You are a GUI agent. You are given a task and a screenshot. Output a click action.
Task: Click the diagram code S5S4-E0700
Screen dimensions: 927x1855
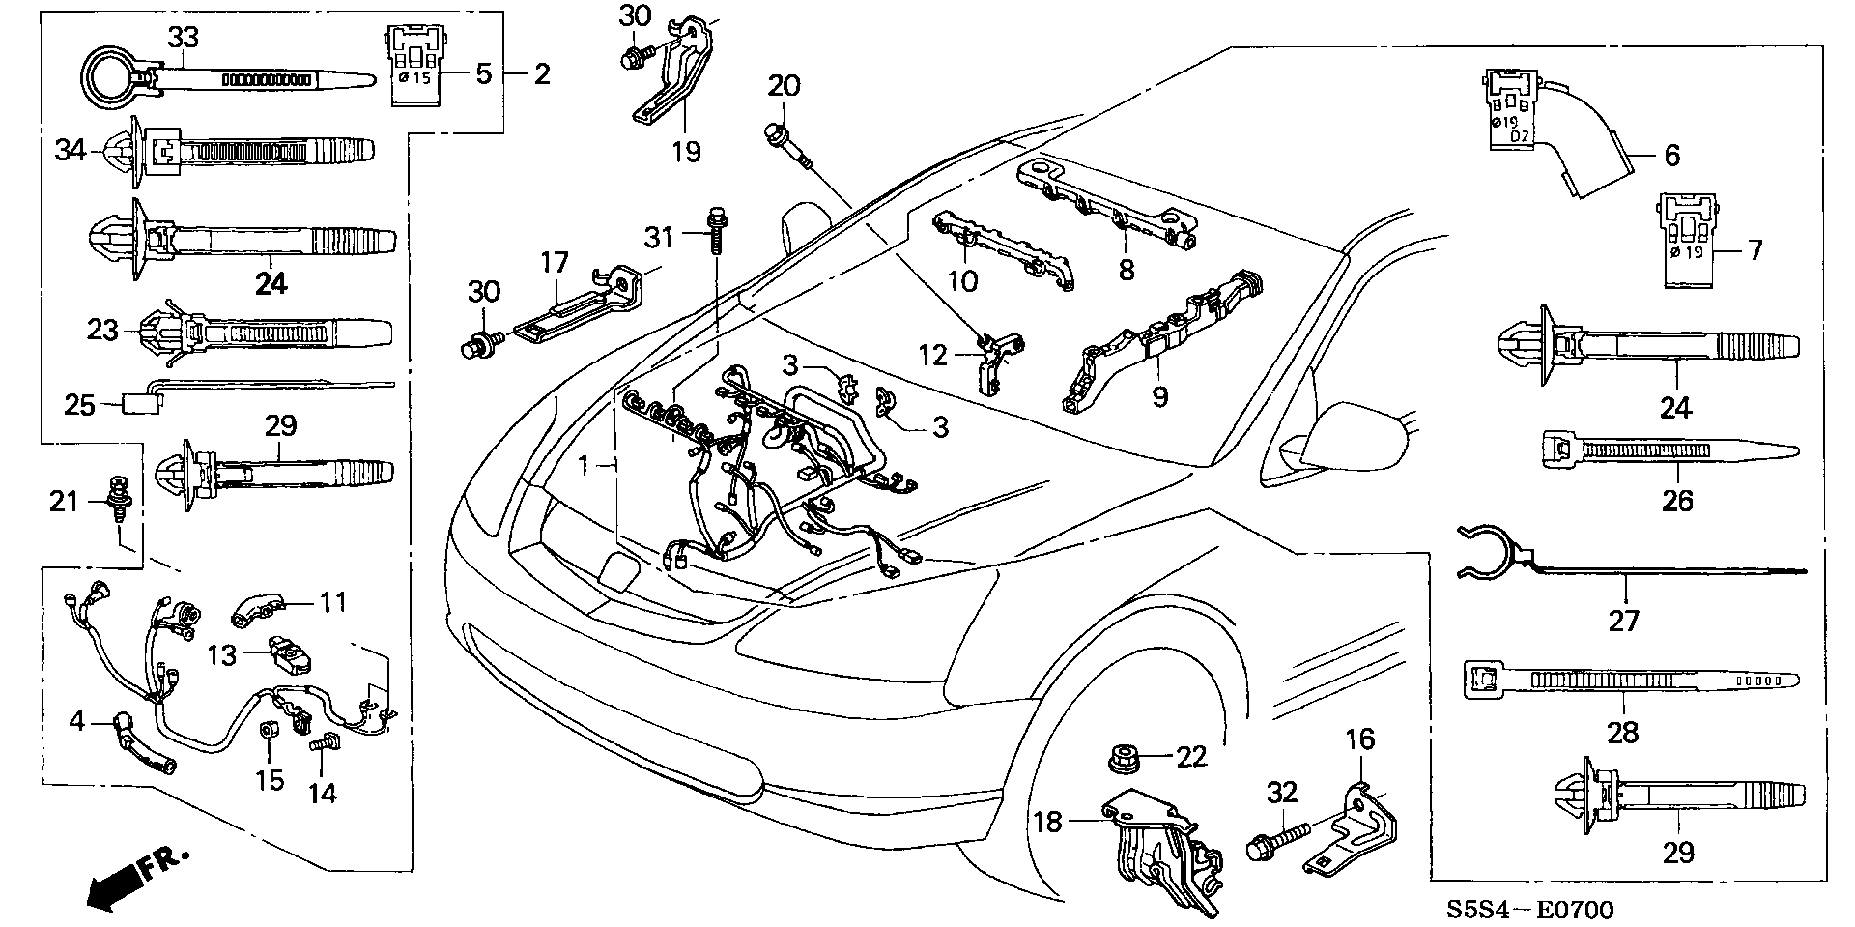point(1529,910)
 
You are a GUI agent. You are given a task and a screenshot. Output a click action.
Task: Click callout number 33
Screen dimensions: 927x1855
point(183,38)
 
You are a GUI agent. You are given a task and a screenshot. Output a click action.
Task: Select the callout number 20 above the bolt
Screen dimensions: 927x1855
point(784,86)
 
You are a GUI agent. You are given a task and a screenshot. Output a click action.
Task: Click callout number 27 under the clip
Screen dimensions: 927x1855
point(1623,620)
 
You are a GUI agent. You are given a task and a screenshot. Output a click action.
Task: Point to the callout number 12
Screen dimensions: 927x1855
point(933,356)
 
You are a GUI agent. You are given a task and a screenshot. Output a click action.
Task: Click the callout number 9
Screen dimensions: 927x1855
point(1159,396)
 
